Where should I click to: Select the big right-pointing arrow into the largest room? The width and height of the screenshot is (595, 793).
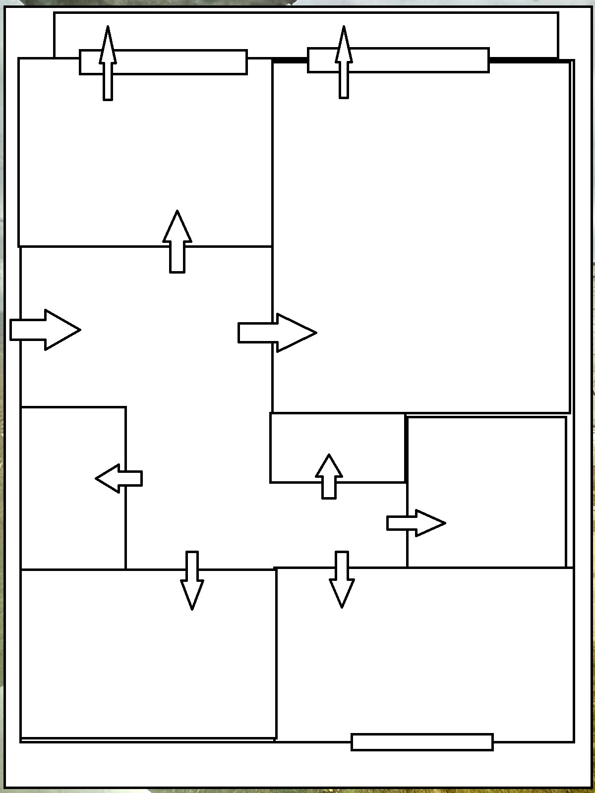pos(278,333)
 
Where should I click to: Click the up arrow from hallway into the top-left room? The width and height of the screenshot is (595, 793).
pos(177,243)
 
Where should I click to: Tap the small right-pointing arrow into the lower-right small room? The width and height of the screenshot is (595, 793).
pos(416,523)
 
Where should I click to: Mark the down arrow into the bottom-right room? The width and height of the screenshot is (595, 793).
pos(342,580)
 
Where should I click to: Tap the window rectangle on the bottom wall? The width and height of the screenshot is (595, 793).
pos(422,742)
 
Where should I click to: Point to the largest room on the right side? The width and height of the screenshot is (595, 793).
pos(421,223)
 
